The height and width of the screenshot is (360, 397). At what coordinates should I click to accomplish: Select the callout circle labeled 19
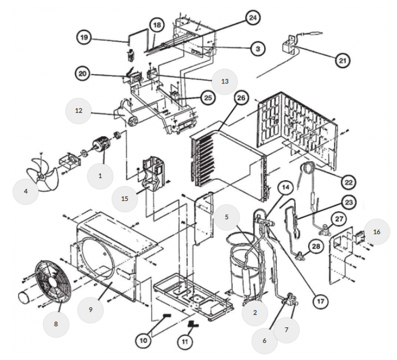click(x=85, y=38)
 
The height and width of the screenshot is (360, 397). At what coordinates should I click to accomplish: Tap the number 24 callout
click(x=252, y=18)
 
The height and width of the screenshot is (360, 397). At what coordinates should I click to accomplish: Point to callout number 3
click(x=258, y=50)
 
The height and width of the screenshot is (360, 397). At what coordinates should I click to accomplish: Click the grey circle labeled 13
click(x=225, y=81)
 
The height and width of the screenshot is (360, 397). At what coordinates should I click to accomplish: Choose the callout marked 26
click(x=241, y=98)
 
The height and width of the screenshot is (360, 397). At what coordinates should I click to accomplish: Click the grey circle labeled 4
click(x=26, y=191)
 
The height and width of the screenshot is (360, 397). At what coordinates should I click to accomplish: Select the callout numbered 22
click(x=348, y=182)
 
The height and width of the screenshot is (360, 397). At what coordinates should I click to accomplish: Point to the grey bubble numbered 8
click(x=56, y=324)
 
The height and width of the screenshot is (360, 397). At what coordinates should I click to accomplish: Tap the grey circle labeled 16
click(x=376, y=232)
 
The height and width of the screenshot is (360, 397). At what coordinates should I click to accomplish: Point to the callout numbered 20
click(x=83, y=74)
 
